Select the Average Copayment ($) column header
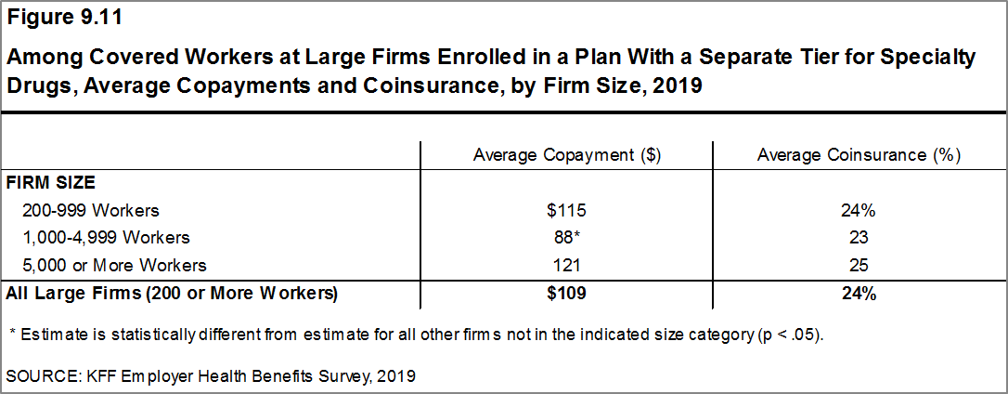pyautogui.click(x=566, y=155)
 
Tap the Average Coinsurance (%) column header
pyautogui.click(x=858, y=155)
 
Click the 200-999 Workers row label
pyautogui.click(x=92, y=210)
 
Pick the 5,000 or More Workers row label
pyautogui.click(x=115, y=265)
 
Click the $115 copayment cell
pyautogui.click(x=566, y=210)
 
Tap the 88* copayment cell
pyautogui.click(x=566, y=237)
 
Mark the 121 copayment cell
pyautogui.click(x=566, y=265)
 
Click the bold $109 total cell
pyautogui.click(x=566, y=294)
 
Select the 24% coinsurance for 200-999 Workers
pyautogui.click(x=858, y=210)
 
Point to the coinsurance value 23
pyautogui.click(x=858, y=237)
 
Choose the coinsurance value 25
pyautogui.click(x=858, y=265)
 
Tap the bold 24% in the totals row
pyautogui.click(x=858, y=294)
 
